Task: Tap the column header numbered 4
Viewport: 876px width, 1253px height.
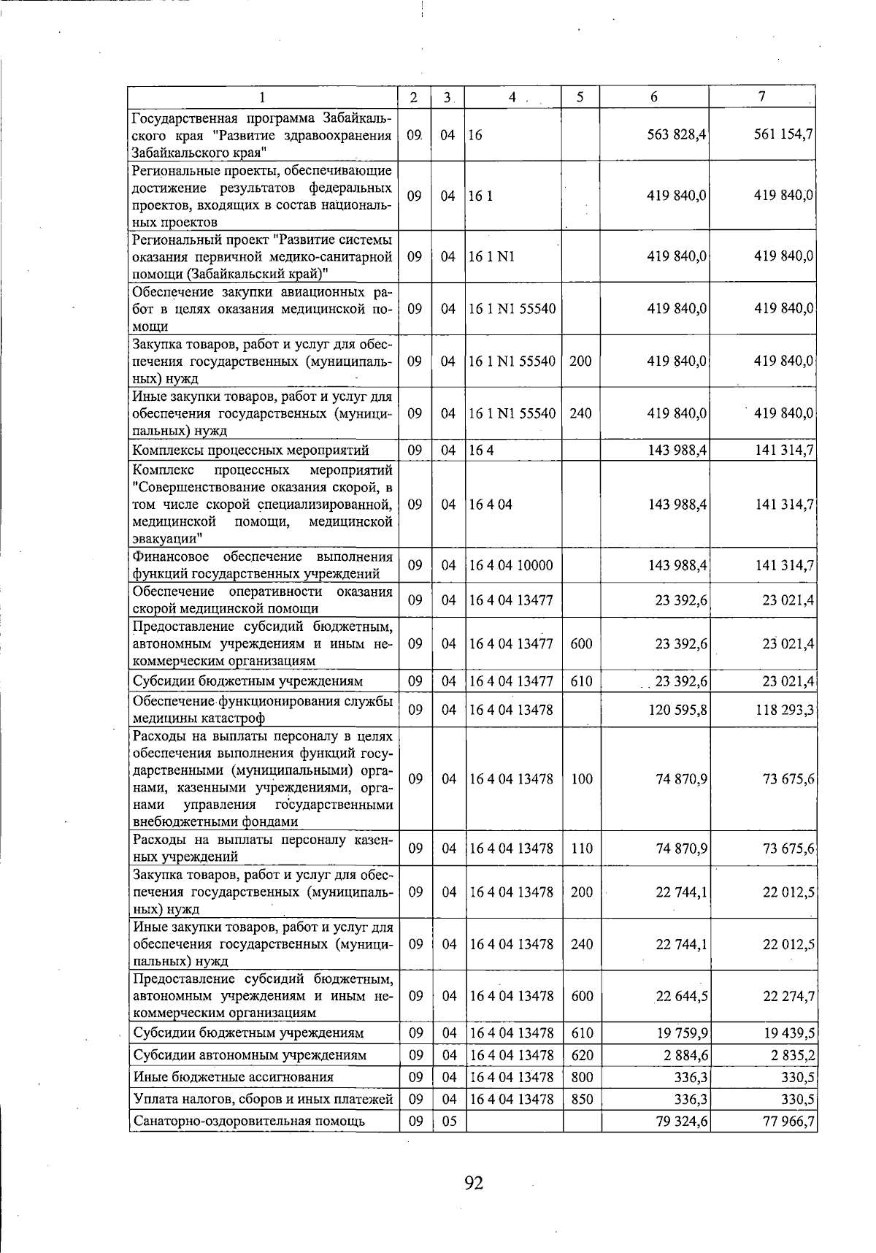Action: point(512,97)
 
